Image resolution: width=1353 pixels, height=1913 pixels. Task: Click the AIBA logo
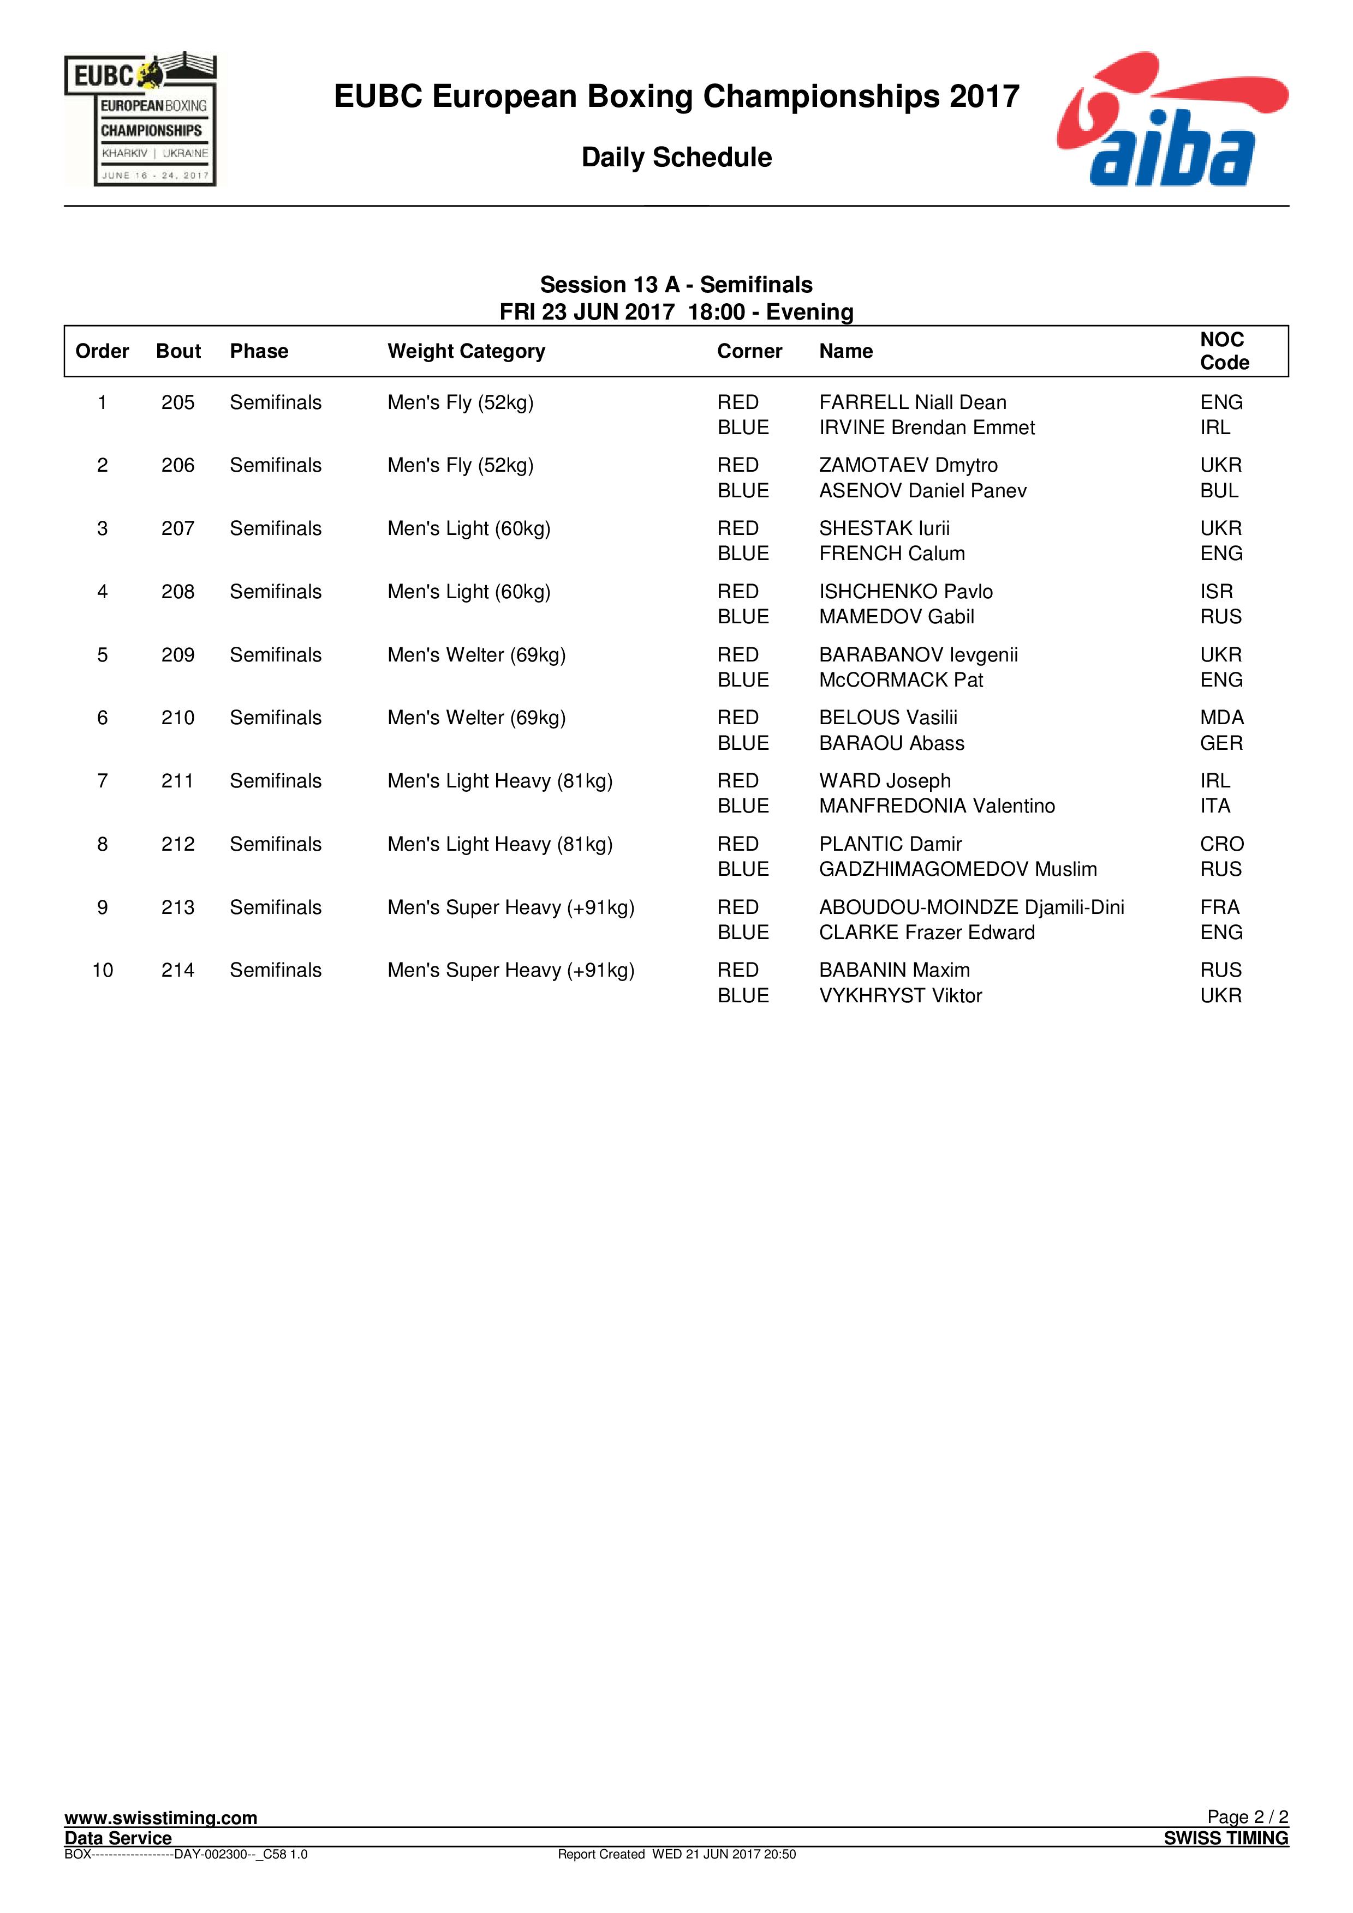pyautogui.click(x=1171, y=119)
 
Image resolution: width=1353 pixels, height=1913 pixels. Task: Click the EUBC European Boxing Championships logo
pyautogui.click(x=140, y=119)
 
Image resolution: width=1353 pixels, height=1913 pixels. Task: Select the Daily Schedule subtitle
pyautogui.click(x=676, y=158)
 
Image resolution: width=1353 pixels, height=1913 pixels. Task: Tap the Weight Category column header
pyautogui.click(x=466, y=352)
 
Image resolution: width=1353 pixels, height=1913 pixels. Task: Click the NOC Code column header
pyautogui.click(x=1224, y=351)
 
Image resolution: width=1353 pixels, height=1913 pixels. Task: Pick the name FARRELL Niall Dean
pyautogui.click(x=912, y=402)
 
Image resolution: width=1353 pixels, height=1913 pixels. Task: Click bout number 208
pyautogui.click(x=177, y=592)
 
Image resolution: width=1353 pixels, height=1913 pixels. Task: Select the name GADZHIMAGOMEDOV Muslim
pyautogui.click(x=957, y=869)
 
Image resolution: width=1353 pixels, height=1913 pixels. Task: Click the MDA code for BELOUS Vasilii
pyautogui.click(x=1221, y=718)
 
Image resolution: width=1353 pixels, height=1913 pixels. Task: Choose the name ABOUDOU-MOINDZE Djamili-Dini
pyautogui.click(x=971, y=907)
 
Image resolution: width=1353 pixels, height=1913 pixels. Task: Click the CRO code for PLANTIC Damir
pyautogui.click(x=1221, y=844)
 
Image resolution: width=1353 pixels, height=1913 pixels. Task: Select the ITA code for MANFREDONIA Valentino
pyautogui.click(x=1214, y=805)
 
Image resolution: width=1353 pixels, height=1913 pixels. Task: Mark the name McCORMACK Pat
pyautogui.click(x=901, y=680)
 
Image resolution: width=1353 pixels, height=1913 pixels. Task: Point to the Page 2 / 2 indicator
pyautogui.click(x=1247, y=1816)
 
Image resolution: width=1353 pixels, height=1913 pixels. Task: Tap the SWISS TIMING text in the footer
pyautogui.click(x=1225, y=1838)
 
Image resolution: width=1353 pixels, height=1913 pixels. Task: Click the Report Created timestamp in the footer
pyautogui.click(x=676, y=1854)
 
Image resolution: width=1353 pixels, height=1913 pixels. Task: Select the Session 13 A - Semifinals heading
pyautogui.click(x=676, y=285)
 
